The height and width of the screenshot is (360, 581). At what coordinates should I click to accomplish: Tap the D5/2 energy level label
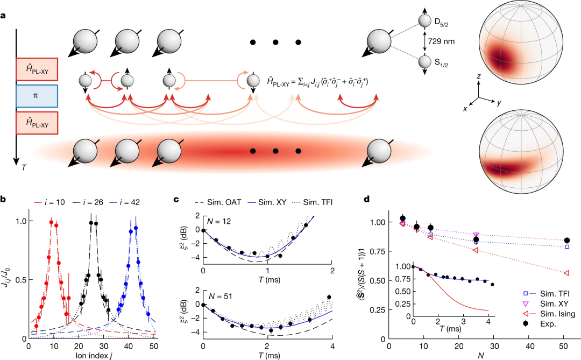click(x=443, y=22)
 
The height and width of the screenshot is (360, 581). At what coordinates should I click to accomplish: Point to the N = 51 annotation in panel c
click(x=222, y=293)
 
